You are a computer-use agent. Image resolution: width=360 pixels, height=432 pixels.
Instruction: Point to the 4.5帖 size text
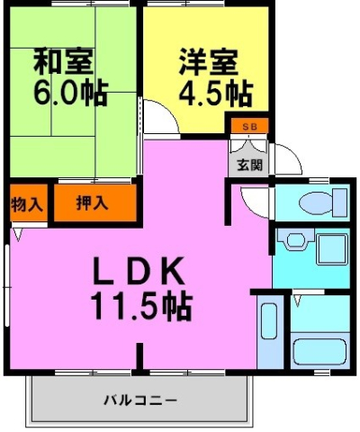212,93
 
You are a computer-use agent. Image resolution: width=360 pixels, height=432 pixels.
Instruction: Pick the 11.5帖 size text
139,308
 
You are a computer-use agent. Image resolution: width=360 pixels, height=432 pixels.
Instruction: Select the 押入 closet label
93,202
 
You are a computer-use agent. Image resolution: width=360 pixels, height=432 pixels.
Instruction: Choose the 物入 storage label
26,203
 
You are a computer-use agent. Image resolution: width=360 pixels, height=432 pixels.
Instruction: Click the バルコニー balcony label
139,398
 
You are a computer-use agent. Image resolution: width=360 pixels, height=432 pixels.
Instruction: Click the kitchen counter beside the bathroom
269,335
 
